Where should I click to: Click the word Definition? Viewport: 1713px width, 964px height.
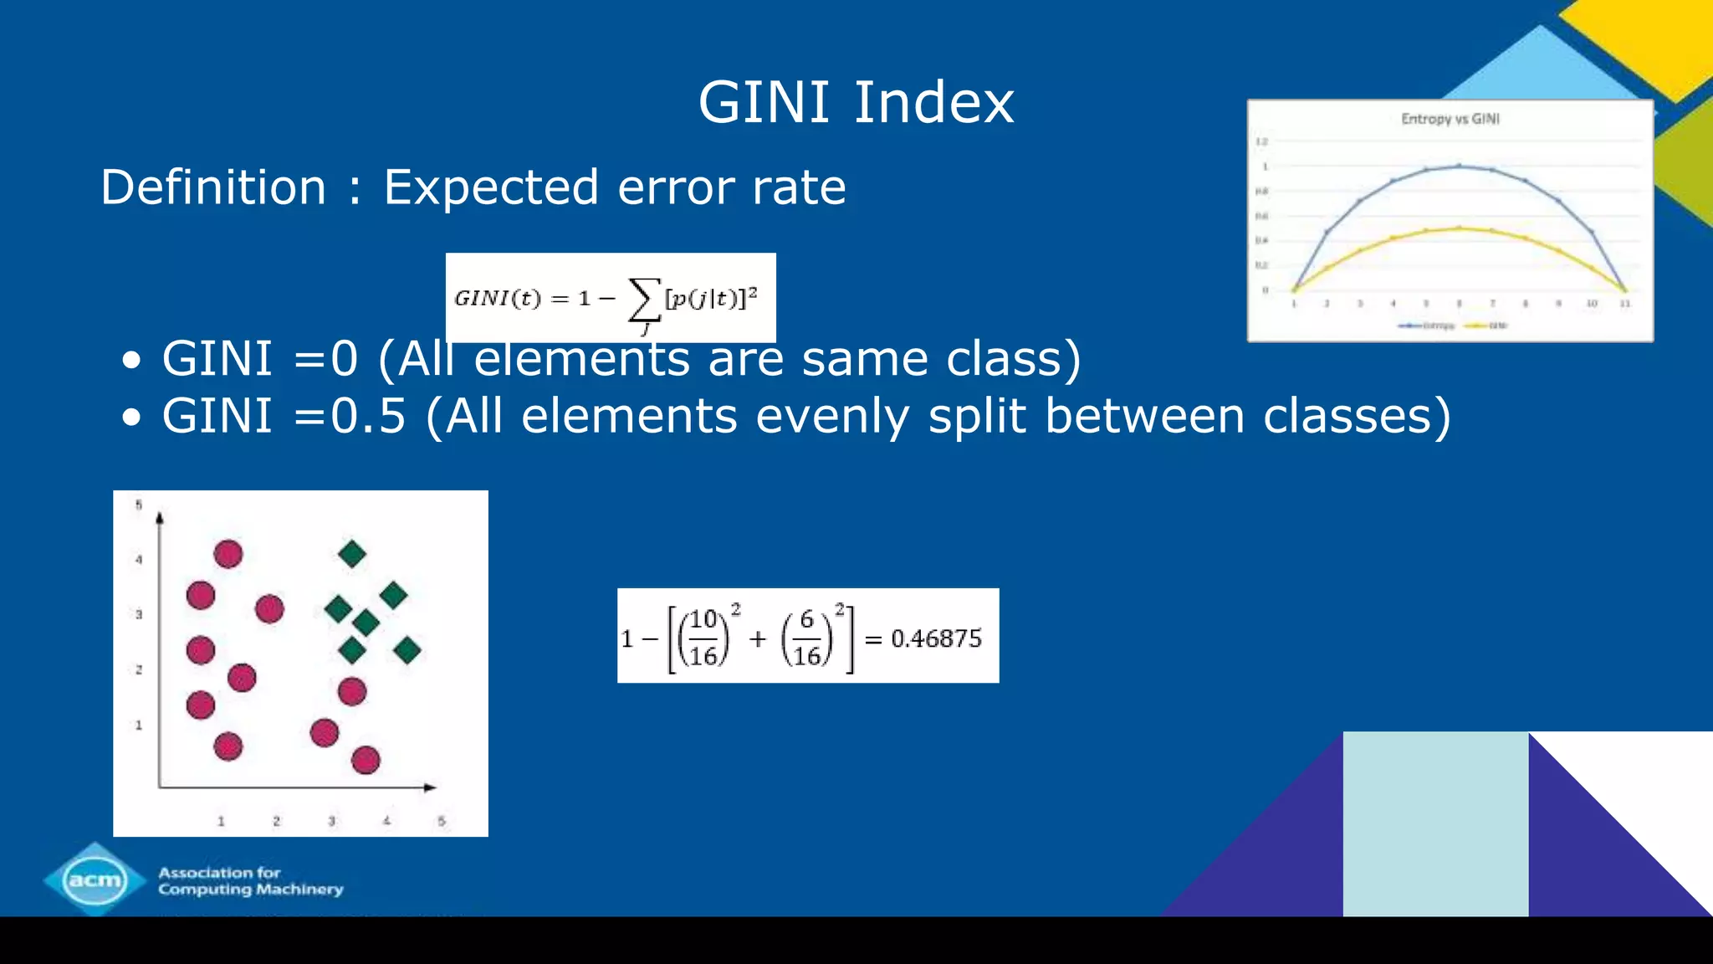click(x=213, y=187)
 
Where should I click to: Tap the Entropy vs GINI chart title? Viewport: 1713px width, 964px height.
click(x=1450, y=119)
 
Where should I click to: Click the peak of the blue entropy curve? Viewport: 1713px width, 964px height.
click(x=1459, y=166)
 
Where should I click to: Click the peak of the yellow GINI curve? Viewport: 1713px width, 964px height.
click(x=1459, y=228)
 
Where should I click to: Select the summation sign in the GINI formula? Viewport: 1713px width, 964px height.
click(x=643, y=300)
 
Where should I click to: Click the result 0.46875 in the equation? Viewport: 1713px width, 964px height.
click(x=936, y=639)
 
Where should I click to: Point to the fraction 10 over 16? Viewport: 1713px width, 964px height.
click(x=703, y=638)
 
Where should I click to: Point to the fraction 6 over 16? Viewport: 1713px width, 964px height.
click(x=806, y=638)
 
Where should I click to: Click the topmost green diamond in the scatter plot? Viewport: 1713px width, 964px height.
click(x=352, y=553)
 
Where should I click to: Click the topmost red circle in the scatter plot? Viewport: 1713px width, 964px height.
click(x=228, y=554)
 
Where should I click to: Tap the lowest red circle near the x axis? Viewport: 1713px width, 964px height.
click(x=366, y=760)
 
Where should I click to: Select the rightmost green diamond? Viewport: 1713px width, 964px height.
click(x=407, y=650)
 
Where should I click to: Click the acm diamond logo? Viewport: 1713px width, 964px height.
click(x=95, y=879)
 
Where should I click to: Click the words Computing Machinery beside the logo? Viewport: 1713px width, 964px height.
click(x=251, y=890)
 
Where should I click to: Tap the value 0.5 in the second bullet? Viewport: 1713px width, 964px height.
click(x=368, y=416)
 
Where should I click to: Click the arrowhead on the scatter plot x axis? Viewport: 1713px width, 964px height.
click(x=429, y=787)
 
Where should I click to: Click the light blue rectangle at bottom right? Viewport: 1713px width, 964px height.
click(x=1435, y=823)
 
